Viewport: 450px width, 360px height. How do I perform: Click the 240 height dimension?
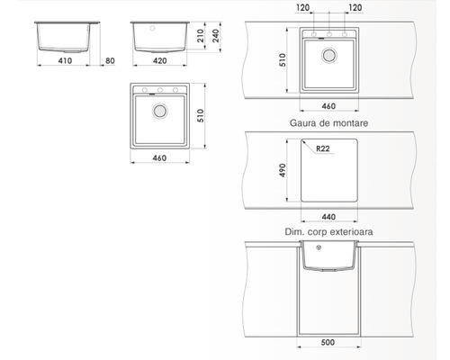tap(216, 38)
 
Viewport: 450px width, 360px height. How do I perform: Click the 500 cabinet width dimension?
tap(328, 342)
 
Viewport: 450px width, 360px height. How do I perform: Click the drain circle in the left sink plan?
tap(160, 112)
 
